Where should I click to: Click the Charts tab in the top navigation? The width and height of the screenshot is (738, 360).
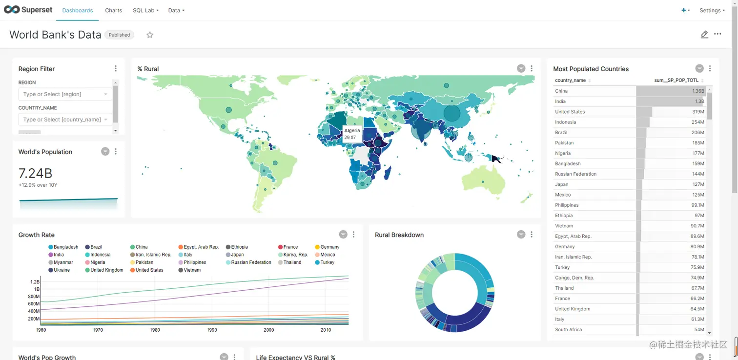(113, 10)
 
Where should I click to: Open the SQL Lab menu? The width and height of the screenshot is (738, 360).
(145, 10)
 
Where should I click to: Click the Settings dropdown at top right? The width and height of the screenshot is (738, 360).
(712, 10)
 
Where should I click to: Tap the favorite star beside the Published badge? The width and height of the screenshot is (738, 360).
(150, 35)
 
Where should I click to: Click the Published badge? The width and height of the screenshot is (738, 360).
(119, 35)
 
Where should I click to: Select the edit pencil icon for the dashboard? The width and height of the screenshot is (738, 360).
(704, 35)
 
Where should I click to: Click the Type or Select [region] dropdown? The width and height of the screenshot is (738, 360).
(65, 94)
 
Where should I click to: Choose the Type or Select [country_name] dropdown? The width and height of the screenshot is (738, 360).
(65, 120)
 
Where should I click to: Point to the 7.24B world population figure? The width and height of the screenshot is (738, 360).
(35, 173)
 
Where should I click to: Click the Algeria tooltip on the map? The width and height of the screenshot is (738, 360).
(352, 134)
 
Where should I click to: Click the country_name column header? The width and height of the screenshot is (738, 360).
(570, 80)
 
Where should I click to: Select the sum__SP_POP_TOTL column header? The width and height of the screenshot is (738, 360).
(676, 80)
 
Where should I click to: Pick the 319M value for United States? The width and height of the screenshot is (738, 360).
(698, 112)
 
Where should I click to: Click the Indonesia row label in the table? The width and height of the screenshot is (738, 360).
(565, 122)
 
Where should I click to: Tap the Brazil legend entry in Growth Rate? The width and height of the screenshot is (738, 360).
(96, 247)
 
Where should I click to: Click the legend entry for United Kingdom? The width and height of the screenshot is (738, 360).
(106, 270)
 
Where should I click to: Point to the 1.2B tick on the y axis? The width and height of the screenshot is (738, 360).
(35, 282)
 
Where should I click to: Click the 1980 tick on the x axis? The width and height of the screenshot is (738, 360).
(155, 330)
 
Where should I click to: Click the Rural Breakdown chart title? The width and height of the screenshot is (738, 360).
(399, 235)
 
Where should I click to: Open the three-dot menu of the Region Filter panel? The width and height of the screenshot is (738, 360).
(116, 69)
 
